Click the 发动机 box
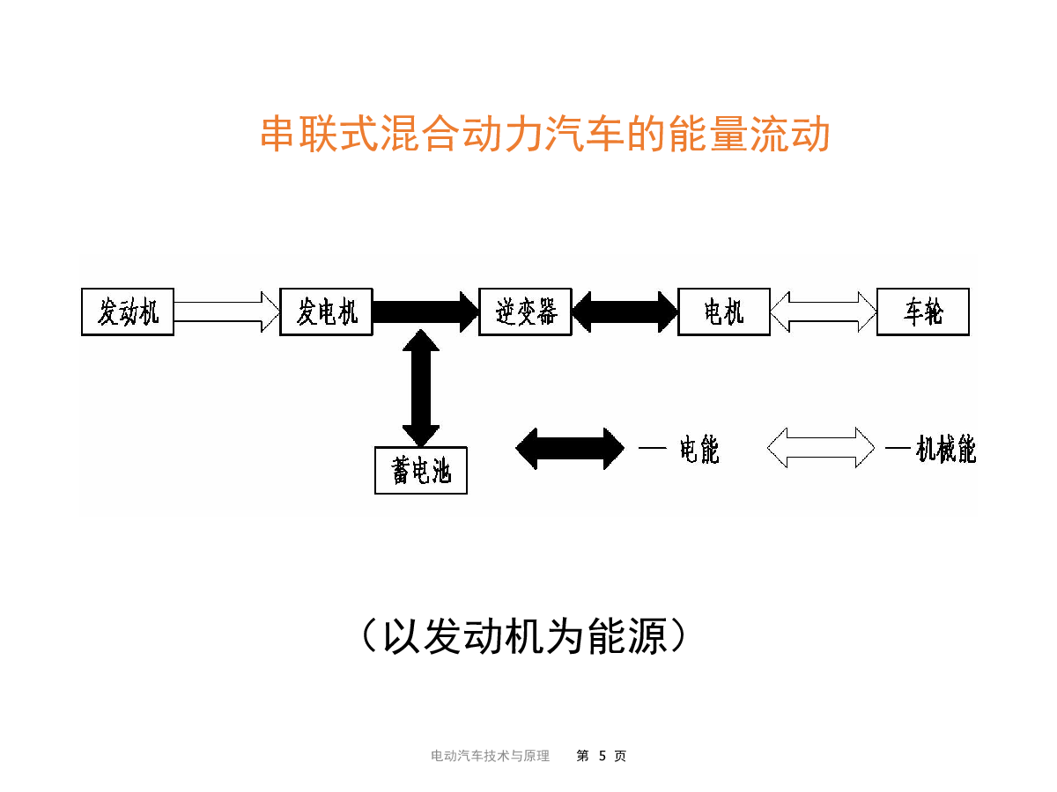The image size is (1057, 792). tap(128, 312)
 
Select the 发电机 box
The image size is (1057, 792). tap(326, 312)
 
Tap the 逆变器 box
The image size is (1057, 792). tap(525, 312)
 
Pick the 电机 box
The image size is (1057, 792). tap(723, 312)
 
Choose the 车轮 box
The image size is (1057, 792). tap(922, 312)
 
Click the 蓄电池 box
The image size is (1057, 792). tap(420, 471)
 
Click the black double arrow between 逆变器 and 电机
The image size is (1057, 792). tap(625, 312)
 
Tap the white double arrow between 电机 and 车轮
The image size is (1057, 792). tap(823, 312)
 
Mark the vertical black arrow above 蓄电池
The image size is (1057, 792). tap(420, 388)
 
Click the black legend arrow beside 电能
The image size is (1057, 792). tap(570, 448)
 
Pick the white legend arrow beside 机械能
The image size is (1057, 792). tap(821, 448)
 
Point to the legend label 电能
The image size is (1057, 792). tap(699, 450)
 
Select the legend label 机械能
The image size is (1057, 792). tap(945, 450)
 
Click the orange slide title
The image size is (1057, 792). tap(545, 136)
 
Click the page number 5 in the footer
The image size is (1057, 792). tap(602, 756)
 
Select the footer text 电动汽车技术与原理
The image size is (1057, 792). tap(490, 756)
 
